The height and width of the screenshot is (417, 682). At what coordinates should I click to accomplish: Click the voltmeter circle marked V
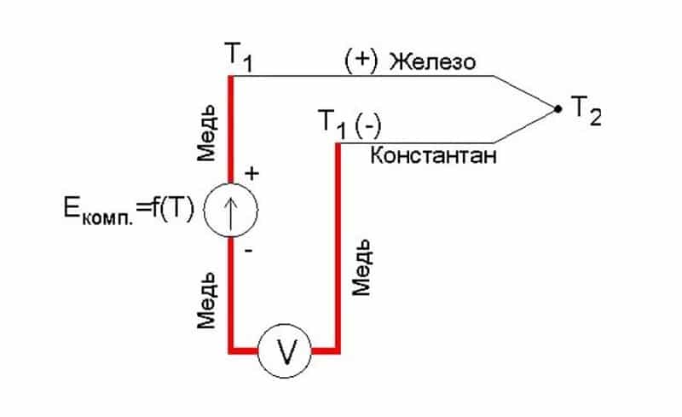tap(285, 350)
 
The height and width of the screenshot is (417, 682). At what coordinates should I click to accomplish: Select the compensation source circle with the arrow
tap(231, 211)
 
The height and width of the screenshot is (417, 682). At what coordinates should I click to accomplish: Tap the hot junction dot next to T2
tap(558, 109)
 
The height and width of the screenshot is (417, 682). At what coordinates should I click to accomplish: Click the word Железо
tap(432, 61)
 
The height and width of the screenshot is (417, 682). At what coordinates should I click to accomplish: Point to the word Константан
tap(433, 155)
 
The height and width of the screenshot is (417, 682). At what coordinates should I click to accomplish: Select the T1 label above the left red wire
tap(239, 56)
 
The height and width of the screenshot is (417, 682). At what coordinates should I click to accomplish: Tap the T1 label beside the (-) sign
tap(332, 123)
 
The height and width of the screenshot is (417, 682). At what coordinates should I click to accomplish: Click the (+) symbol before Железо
tap(361, 61)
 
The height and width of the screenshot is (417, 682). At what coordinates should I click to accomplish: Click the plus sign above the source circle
tap(251, 174)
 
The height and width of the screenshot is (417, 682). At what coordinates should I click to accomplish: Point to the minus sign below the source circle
tap(248, 251)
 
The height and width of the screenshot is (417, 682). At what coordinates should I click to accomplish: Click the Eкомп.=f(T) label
tap(129, 210)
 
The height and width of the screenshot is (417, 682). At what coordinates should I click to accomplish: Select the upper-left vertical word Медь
tap(206, 133)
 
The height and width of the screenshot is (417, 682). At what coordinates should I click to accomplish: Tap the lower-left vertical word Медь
tap(206, 300)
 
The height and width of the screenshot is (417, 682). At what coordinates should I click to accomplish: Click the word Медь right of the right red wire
tap(361, 267)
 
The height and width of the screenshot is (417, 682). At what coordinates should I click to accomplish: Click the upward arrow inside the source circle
tap(230, 211)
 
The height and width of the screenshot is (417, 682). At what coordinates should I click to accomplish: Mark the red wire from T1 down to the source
tap(231, 130)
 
